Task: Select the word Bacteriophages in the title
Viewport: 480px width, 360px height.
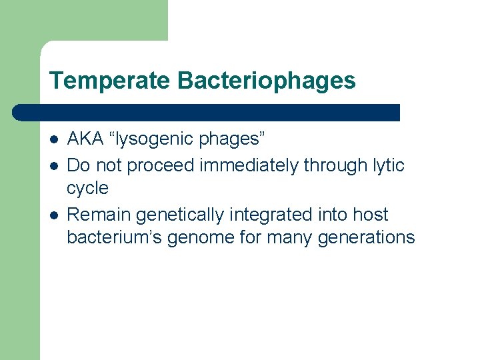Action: click(x=267, y=81)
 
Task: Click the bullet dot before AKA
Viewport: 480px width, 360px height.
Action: click(x=54, y=140)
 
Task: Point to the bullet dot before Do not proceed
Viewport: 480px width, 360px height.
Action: click(x=54, y=165)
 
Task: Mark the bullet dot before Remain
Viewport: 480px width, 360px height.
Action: click(x=54, y=215)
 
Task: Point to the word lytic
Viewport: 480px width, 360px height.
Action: click(x=389, y=165)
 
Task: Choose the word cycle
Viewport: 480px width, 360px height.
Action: click(x=87, y=189)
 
